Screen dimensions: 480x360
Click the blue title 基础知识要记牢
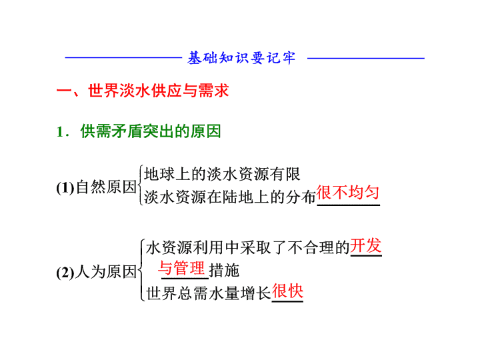click(x=241, y=57)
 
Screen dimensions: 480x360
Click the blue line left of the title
click(x=124, y=57)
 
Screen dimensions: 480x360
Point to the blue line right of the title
click(x=366, y=57)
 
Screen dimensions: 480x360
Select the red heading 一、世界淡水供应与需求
click(x=143, y=91)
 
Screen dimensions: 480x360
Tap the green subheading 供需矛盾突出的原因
click(x=151, y=131)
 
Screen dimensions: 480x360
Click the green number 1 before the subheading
click(x=60, y=132)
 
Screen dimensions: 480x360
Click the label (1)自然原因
click(x=97, y=187)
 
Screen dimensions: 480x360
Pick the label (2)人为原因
click(x=97, y=271)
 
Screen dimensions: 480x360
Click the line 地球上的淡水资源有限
click(x=222, y=174)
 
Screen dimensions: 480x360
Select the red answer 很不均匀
click(x=348, y=193)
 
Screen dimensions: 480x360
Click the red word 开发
click(x=366, y=245)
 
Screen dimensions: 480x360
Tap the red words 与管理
click(x=181, y=268)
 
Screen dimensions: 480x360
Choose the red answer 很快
click(x=287, y=291)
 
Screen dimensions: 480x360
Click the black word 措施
click(x=224, y=270)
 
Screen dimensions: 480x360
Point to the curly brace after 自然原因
click(x=141, y=185)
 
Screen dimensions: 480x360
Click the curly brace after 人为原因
click(x=141, y=270)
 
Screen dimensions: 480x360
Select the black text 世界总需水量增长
click(x=209, y=293)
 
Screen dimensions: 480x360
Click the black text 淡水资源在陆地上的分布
click(x=229, y=197)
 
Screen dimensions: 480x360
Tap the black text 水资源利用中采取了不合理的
click(x=247, y=247)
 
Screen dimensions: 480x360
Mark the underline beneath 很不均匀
click(x=349, y=205)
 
